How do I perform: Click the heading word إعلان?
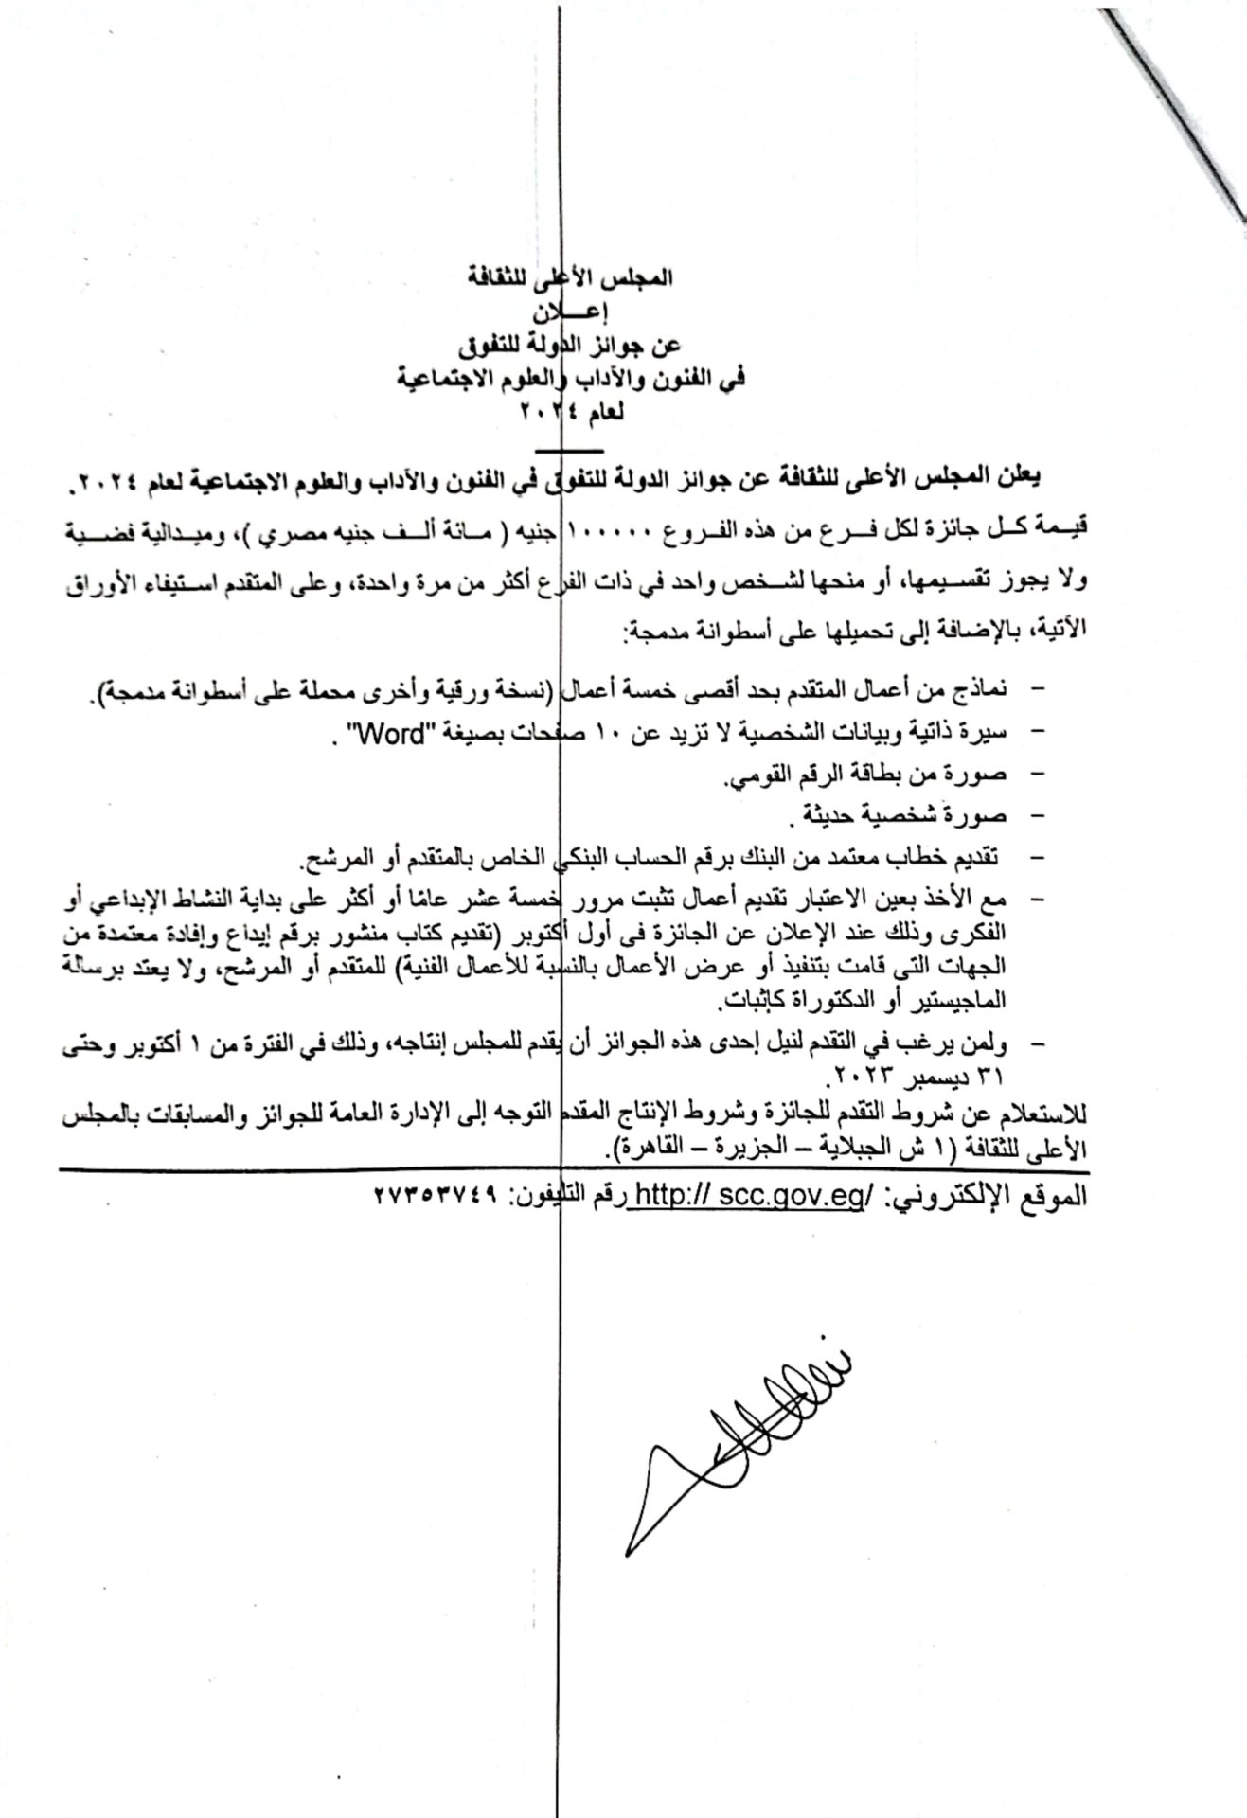click(x=569, y=312)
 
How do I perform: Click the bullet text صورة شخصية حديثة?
click(x=903, y=815)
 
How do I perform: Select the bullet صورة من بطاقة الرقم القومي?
click(x=866, y=775)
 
